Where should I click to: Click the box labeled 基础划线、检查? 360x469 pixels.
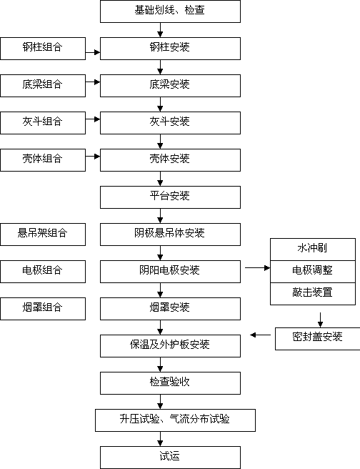170,11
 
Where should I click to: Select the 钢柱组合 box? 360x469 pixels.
43,49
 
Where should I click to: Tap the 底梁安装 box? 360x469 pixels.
170,86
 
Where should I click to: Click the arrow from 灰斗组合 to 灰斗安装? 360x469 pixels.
93,119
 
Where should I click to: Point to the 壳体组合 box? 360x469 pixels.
43,160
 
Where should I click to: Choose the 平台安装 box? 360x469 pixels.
170,197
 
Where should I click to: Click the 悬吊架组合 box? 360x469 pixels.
43,234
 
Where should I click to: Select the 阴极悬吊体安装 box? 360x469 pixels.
170,234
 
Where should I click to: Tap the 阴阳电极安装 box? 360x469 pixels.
170,272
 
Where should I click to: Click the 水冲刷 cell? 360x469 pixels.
313,250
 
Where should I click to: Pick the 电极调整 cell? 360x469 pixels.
313,272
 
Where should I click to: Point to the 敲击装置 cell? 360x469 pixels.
313,294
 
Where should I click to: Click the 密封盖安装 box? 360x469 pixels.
318,339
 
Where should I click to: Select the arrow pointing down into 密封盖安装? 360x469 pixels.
320,320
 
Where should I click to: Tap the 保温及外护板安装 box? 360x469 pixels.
170,346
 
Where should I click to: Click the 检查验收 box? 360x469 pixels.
170,383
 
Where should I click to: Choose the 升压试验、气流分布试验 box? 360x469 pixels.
176,420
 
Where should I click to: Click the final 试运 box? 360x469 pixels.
170,458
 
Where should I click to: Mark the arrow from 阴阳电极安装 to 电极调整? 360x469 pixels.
258,267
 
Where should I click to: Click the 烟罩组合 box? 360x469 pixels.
43,309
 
